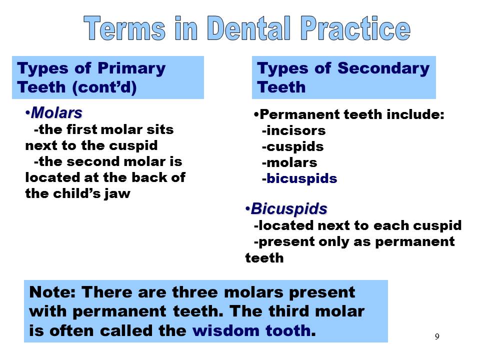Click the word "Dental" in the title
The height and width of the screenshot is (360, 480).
pos(248,28)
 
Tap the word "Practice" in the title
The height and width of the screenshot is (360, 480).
pos(356,28)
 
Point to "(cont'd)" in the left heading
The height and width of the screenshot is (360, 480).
pos(104,87)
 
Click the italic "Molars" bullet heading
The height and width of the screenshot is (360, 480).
pos(56,112)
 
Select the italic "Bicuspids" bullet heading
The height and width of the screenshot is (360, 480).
pos(289,208)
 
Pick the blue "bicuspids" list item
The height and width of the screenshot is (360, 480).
pos(302,178)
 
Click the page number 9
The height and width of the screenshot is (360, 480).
pos(436,336)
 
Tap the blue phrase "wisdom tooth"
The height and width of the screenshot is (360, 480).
pos(251,330)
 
